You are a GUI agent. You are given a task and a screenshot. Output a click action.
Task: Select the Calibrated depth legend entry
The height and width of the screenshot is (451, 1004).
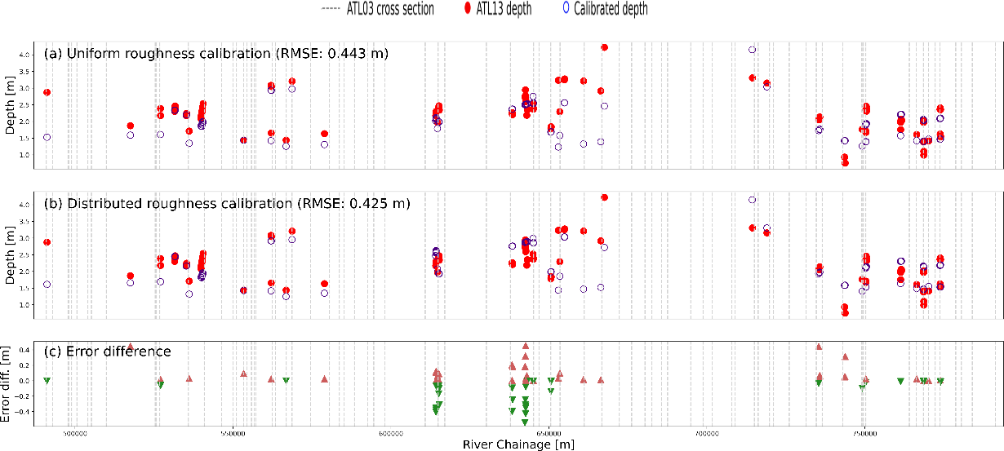606,9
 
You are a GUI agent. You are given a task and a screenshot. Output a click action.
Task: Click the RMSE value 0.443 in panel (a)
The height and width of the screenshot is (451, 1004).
358,55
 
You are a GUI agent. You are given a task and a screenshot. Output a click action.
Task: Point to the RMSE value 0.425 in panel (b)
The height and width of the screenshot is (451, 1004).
380,202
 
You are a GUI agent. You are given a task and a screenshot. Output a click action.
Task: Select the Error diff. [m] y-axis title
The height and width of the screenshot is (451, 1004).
7,381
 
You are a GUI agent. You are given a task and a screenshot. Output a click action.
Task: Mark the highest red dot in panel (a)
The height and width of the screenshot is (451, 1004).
604,47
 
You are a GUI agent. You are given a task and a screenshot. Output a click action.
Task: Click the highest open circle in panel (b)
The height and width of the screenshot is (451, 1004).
752,200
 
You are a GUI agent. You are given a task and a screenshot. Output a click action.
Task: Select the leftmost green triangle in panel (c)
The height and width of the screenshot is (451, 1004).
47,381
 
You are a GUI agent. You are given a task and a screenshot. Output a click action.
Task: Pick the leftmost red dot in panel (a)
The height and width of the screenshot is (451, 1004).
47,92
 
